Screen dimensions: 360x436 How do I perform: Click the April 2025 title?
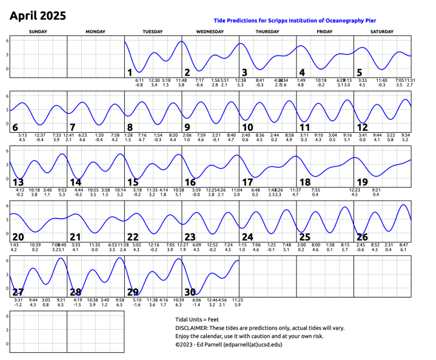[38, 16]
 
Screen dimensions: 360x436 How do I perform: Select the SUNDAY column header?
[38, 31]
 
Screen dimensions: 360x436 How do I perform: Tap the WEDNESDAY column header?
[210, 31]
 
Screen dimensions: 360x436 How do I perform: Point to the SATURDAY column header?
[383, 31]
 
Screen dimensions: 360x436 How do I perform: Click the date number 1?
[130, 73]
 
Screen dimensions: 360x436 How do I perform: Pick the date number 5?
[360, 73]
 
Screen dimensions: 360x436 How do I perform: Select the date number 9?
[187, 127]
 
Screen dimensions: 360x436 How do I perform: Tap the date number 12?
[363, 127]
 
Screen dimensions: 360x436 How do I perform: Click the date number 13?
[18, 182]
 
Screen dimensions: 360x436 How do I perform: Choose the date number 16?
[190, 182]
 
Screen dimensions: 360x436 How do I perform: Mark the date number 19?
[363, 182]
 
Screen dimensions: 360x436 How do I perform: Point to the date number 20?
[18, 236]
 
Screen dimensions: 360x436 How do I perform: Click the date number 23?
[190, 236]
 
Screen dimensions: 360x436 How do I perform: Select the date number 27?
[18, 292]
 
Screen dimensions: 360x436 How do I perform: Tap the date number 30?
[190, 292]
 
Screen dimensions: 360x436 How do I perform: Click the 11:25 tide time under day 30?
[238, 299]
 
